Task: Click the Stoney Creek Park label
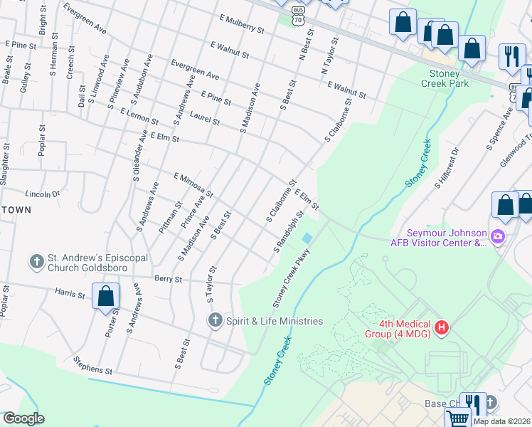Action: tap(454, 78)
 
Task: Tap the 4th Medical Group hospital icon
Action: tap(442, 327)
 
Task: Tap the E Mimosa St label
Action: tap(193, 184)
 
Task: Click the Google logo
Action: tap(23, 418)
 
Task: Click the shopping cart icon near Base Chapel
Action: tap(457, 418)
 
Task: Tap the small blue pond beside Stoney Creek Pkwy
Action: tap(307, 238)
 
